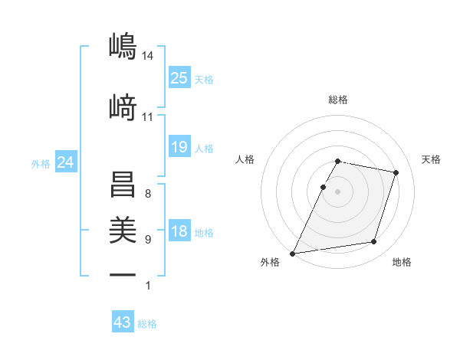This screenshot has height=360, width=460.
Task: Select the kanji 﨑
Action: tap(123, 108)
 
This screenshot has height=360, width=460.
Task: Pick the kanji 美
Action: tap(123, 229)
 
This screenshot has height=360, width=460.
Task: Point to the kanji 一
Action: tap(123, 274)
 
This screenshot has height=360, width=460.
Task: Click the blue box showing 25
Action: tap(179, 78)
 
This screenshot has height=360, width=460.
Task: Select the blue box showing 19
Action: tap(179, 147)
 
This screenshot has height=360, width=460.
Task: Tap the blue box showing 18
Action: tap(179, 231)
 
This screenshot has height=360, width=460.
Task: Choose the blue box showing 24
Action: tap(66, 162)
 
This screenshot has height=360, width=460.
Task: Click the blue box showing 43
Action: tap(123, 322)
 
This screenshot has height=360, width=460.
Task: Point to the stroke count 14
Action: tap(148, 56)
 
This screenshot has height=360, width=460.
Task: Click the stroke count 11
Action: tap(148, 117)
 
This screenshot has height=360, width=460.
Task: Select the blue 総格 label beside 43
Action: tap(148, 324)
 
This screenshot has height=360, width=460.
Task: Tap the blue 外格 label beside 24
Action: tap(41, 163)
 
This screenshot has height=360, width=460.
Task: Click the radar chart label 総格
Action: tap(338, 100)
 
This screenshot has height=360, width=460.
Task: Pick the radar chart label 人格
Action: tap(245, 159)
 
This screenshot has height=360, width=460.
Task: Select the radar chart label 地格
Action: tap(402, 262)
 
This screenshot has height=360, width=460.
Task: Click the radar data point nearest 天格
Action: tap(396, 172)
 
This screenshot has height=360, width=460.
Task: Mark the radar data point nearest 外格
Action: tap(293, 254)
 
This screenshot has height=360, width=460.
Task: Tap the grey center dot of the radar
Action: tap(338, 191)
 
